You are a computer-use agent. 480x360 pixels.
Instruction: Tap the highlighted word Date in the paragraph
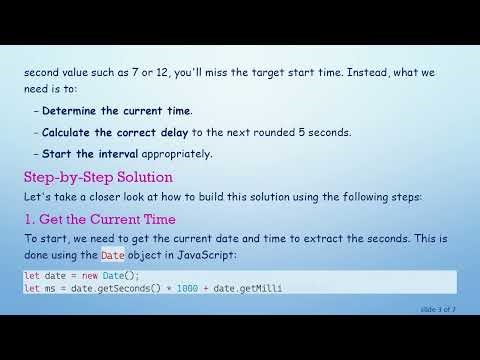click(x=113, y=256)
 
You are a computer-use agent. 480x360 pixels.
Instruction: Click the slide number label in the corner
click(x=438, y=309)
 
